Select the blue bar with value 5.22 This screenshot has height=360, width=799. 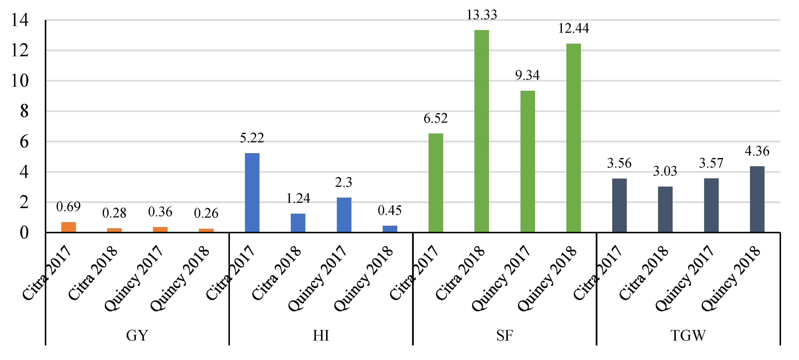252,192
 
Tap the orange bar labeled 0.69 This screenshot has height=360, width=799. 68,227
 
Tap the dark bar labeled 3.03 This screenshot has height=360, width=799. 665,209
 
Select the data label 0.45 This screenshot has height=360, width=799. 390,211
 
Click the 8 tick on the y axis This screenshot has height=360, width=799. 24,111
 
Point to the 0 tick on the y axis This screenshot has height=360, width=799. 24,232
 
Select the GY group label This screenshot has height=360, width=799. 137,335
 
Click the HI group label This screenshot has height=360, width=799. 321,335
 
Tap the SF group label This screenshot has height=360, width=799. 504,335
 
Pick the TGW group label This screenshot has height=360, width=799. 688,335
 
